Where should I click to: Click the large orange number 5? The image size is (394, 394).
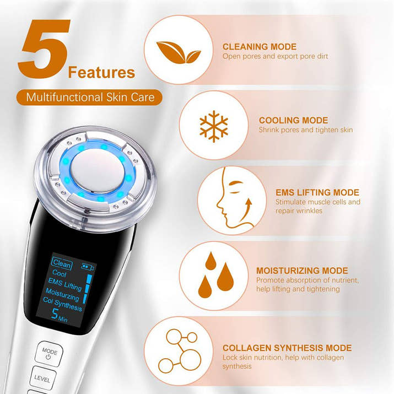(x=45, y=50)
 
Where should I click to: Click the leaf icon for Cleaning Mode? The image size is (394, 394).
(x=177, y=51)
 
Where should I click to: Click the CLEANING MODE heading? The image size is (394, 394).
(x=259, y=47)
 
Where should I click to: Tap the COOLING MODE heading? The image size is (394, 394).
(x=293, y=120)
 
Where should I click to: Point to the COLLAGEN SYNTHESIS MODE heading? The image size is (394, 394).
(x=287, y=348)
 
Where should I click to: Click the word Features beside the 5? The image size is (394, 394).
(x=101, y=72)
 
